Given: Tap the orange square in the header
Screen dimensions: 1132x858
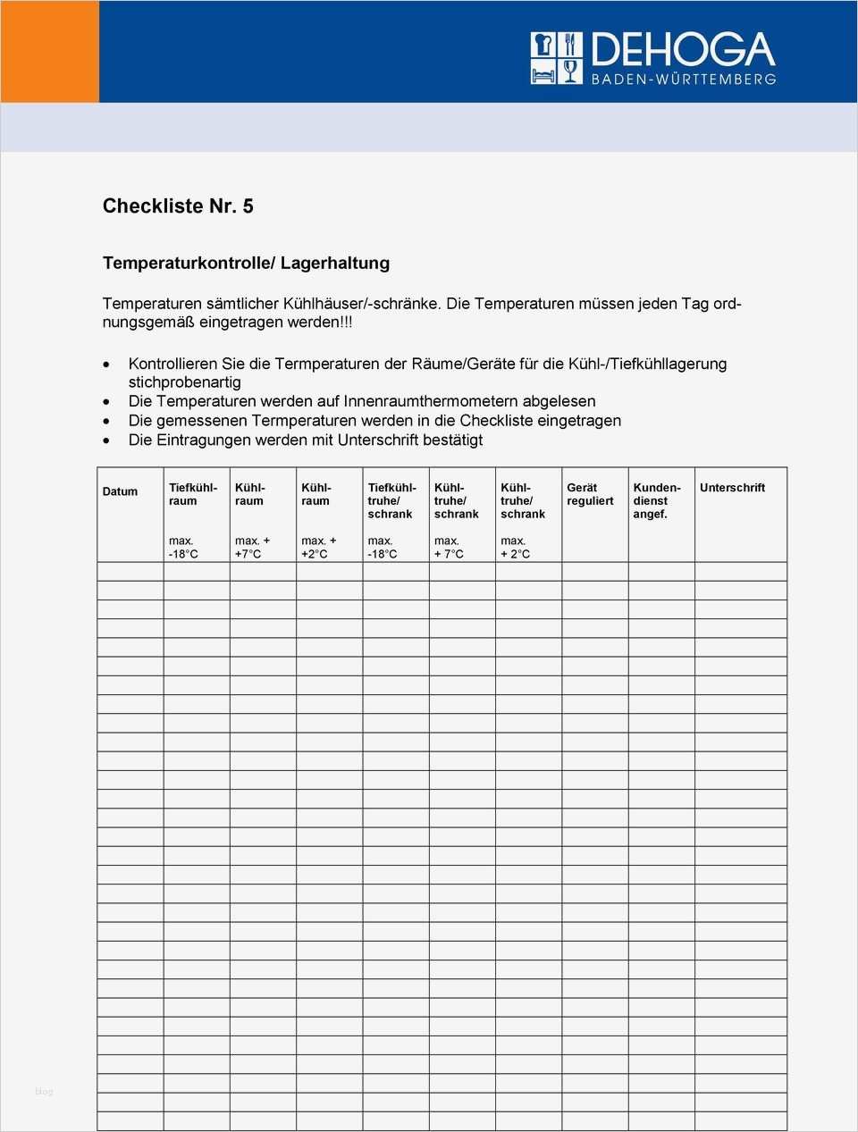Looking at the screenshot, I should [x=49, y=51].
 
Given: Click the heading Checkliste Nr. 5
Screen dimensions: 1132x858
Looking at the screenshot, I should [x=178, y=206].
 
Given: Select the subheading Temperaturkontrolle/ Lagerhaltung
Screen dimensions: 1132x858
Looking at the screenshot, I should [x=246, y=263].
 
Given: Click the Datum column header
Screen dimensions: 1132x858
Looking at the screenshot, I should [x=120, y=491].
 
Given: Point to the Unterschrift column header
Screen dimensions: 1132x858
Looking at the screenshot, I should [x=732, y=488].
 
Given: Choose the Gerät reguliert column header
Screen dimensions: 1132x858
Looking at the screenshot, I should [x=590, y=494].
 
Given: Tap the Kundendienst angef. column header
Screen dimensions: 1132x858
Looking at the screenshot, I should [x=657, y=500].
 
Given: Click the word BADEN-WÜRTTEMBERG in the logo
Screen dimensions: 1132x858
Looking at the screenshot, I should [x=684, y=80].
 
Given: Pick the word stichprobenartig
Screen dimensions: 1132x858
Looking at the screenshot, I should [x=184, y=382].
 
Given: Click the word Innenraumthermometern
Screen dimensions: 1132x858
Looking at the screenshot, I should [x=431, y=401].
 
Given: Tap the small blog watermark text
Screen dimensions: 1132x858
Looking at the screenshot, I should [x=44, y=1092].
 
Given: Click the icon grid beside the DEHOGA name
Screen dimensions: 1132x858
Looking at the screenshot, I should [x=556, y=58].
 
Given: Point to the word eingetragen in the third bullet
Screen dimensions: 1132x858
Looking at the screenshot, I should [x=578, y=421].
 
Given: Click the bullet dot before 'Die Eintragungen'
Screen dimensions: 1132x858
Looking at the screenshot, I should [x=108, y=440].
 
